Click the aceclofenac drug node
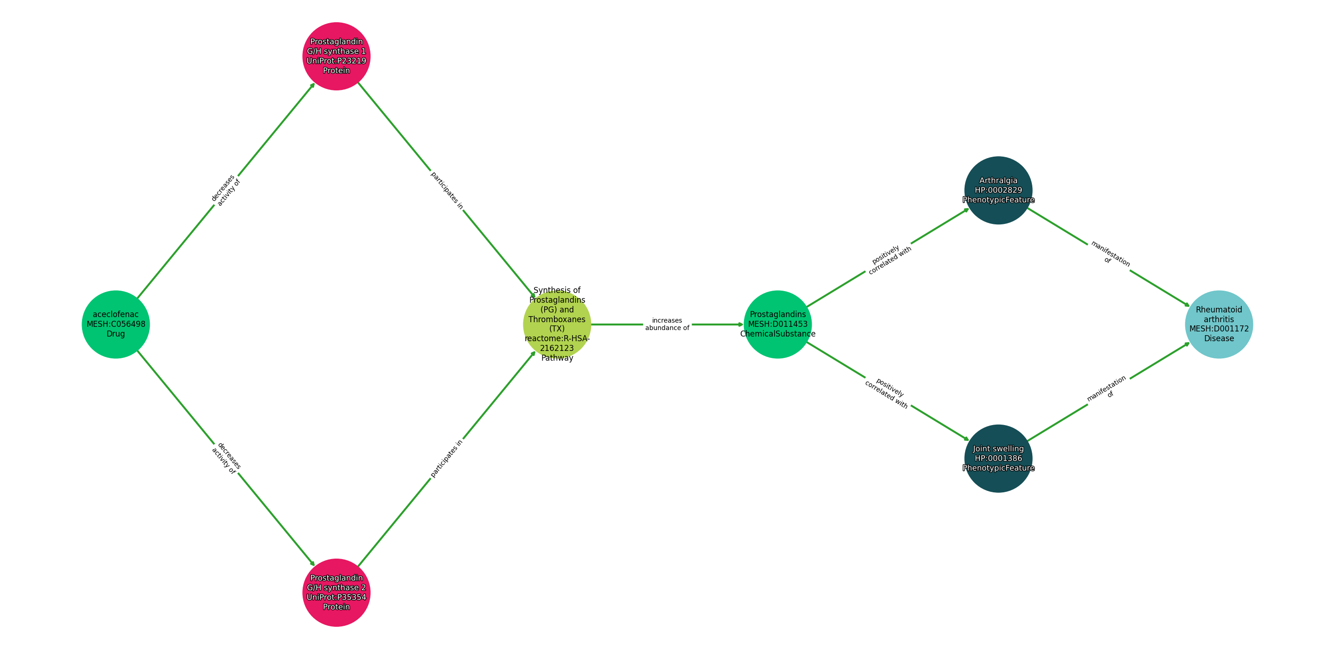pos(115,324)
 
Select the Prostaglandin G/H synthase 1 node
pos(337,56)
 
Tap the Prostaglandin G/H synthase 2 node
pos(337,592)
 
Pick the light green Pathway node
pos(557,324)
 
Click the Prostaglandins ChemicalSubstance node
pos(777,324)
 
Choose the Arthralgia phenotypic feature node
pos(998,190)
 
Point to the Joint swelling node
pos(998,458)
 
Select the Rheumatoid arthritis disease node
pos(1219,324)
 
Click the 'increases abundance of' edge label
pos(667,324)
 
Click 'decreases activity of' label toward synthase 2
pos(226,458)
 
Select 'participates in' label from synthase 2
pos(447,458)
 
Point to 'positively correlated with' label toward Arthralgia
pos(888,258)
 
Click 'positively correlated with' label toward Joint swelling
pos(888,392)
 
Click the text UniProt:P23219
pos(337,61)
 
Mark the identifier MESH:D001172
pos(1219,329)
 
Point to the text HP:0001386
pos(998,458)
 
